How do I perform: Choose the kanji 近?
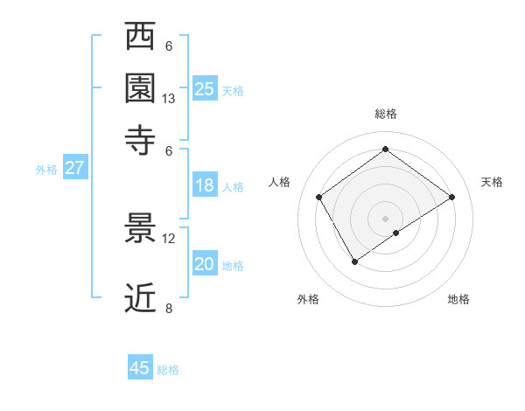141,298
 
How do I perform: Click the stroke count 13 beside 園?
169,99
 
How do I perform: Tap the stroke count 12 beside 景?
169,239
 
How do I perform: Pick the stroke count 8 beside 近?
169,309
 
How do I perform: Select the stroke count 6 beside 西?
169,46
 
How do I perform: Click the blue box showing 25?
205,88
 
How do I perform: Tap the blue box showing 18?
205,185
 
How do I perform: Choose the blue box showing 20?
205,264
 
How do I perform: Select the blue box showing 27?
74,168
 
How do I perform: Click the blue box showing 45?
140,368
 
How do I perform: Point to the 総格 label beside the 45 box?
169,370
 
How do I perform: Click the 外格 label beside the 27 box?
46,170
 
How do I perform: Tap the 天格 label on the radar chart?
492,182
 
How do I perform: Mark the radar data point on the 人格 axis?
319,198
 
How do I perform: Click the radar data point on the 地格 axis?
396,233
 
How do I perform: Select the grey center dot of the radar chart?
385,217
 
